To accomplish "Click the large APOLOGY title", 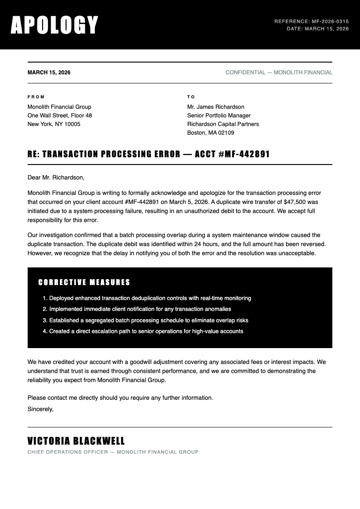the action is [x=54, y=25].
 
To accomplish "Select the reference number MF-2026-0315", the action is [x=330, y=21].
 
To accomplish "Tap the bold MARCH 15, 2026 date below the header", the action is [x=49, y=73].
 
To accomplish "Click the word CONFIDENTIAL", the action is [x=245, y=73].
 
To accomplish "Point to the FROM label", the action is [x=36, y=97].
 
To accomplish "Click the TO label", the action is [x=191, y=97].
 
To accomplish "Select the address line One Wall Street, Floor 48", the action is [x=60, y=116].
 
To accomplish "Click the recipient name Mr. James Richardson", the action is [x=216, y=107].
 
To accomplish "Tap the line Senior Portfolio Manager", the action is [x=219, y=116].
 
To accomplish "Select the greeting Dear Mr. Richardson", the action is [x=56, y=177].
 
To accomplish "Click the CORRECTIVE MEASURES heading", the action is [x=84, y=282].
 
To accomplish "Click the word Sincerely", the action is [x=40, y=409].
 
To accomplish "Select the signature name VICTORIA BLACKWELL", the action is [x=76, y=441].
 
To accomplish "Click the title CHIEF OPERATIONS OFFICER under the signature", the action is [x=68, y=452].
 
